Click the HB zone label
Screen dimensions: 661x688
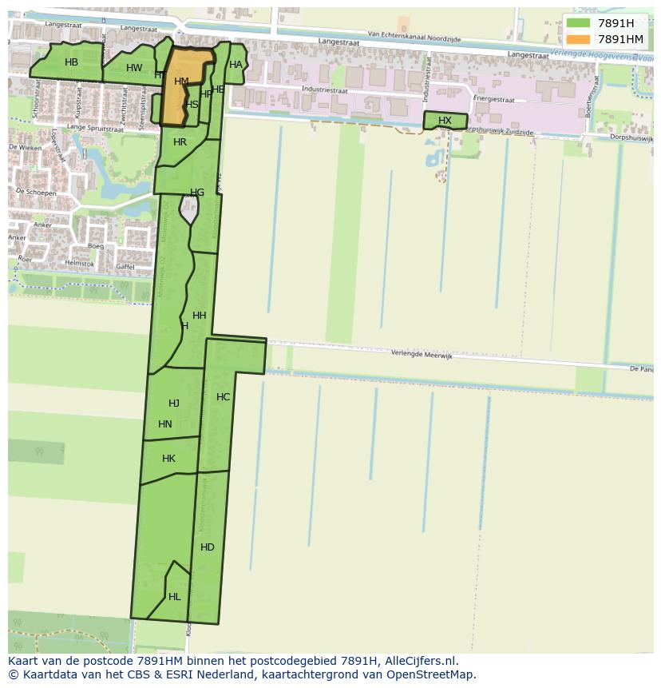(x=71, y=62)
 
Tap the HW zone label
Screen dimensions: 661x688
(x=134, y=68)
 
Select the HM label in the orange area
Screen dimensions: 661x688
(x=181, y=82)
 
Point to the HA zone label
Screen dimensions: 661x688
(x=236, y=66)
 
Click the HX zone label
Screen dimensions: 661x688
(x=445, y=121)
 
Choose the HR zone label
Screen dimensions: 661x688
(x=180, y=142)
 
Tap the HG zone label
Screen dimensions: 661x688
(x=197, y=193)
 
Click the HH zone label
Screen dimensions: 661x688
(x=200, y=316)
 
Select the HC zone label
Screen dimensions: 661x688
(x=223, y=397)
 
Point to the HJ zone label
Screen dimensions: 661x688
(x=174, y=404)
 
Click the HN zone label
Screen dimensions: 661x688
(x=165, y=424)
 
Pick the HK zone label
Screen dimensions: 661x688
(x=168, y=459)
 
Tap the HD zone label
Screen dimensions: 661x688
(x=208, y=547)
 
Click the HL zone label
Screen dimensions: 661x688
(x=174, y=597)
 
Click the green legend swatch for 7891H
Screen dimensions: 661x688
(x=578, y=23)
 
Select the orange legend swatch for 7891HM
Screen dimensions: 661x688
(x=578, y=39)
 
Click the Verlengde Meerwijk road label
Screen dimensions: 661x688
(x=422, y=355)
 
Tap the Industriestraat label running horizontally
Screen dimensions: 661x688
(x=325, y=90)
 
